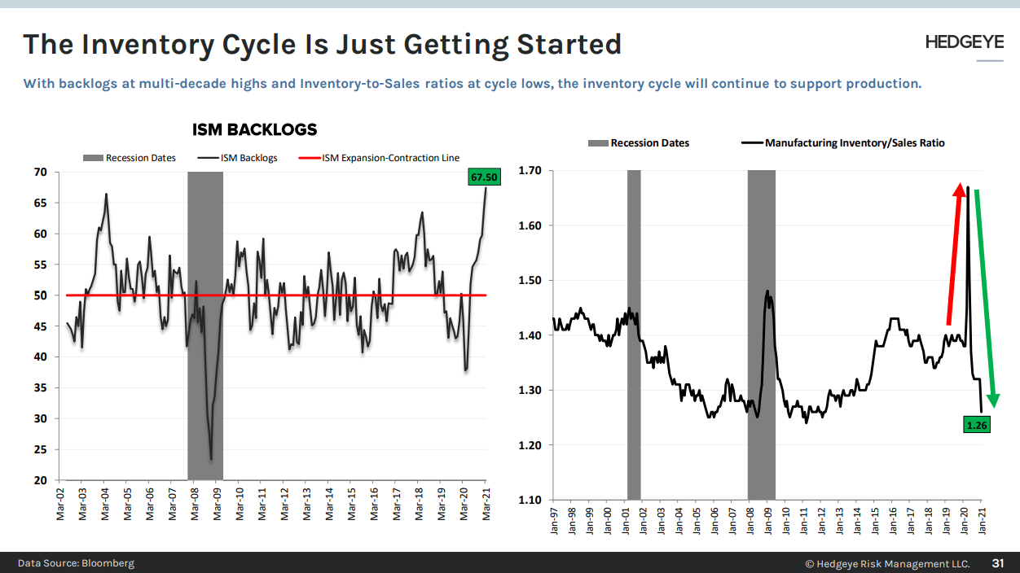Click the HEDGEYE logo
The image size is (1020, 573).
click(964, 42)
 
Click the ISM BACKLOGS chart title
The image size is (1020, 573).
click(254, 130)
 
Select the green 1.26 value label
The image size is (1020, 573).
click(976, 424)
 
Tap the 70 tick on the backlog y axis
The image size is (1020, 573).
click(40, 173)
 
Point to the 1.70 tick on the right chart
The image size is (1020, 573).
click(530, 171)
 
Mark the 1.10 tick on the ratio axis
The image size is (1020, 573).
click(530, 500)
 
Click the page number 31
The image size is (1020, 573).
click(997, 563)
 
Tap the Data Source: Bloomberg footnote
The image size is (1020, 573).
click(76, 563)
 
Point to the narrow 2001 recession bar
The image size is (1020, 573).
click(634, 334)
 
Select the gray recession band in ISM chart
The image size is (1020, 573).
click(204, 326)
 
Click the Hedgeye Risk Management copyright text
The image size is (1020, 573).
click(887, 563)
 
